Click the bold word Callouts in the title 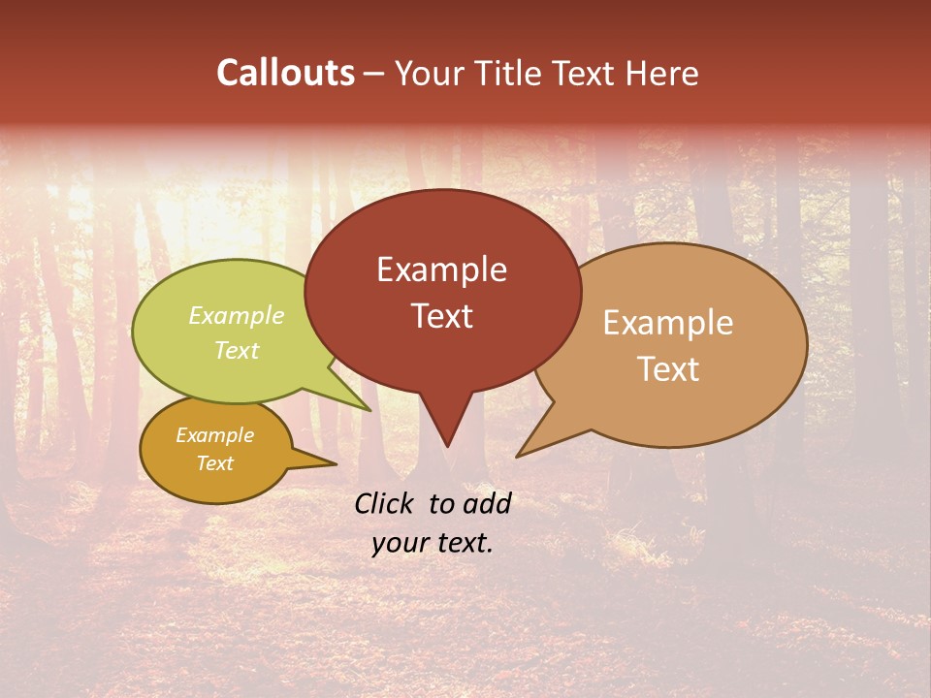[x=285, y=73]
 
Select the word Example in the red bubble [x=441, y=270]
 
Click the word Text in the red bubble [x=441, y=316]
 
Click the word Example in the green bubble [x=237, y=315]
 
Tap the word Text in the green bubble [x=237, y=350]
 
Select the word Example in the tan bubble [x=668, y=323]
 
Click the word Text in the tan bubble [x=668, y=369]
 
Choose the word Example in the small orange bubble [x=214, y=435]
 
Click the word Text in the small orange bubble [x=214, y=463]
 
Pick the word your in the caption [x=399, y=543]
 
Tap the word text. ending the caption [x=463, y=543]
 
